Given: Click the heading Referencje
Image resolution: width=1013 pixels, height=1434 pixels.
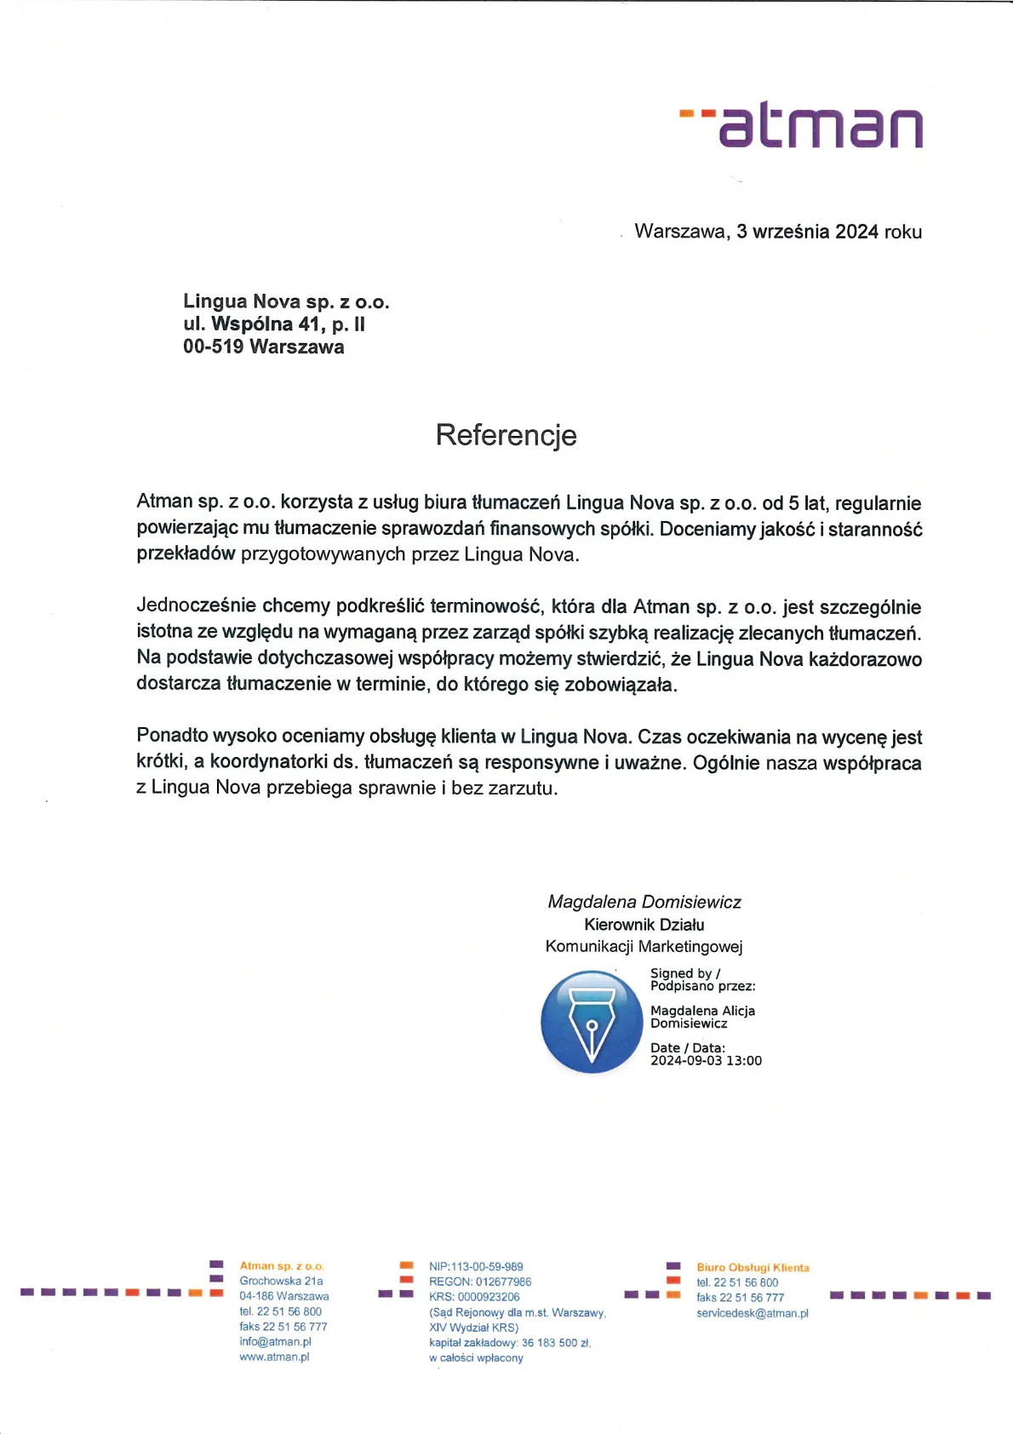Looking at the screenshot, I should tap(506, 435).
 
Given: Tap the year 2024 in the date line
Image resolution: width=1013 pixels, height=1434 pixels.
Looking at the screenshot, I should tap(856, 232).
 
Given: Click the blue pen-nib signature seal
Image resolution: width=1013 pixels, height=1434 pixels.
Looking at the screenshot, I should tap(592, 1022).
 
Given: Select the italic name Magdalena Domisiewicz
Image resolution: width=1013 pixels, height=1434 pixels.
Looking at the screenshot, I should tap(644, 902).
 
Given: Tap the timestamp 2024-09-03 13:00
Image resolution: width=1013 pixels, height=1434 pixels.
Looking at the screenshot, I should tap(706, 1061).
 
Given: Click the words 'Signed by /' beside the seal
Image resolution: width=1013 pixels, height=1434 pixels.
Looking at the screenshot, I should tap(685, 973).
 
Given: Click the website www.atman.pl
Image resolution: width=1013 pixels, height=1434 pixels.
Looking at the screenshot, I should tap(274, 1357).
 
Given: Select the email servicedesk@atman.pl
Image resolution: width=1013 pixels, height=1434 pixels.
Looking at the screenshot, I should tap(753, 1313).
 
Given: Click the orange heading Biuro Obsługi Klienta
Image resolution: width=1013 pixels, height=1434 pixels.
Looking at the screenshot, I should tap(753, 1268).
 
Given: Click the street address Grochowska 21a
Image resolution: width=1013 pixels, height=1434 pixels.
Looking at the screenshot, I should tap(281, 1282).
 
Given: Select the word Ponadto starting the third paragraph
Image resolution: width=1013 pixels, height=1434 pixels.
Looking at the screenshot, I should tap(171, 736).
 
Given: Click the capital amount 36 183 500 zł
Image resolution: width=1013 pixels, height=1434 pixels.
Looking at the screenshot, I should tap(555, 1343).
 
